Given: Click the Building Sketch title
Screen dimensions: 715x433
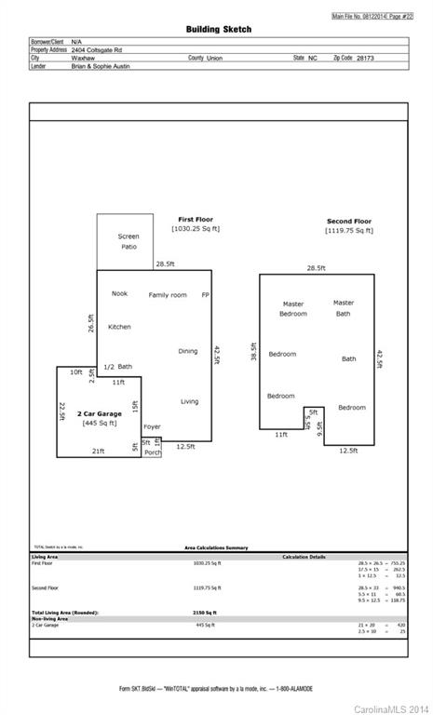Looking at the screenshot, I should point(218,30).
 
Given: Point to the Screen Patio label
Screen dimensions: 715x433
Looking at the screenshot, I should point(129,241).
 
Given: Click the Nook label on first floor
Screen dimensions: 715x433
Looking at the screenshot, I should point(119,294).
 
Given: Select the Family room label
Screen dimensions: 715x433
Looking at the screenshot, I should point(168,295).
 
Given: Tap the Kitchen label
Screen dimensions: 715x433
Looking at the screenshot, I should point(119,327).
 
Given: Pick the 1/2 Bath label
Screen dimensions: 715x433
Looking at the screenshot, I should point(117,367).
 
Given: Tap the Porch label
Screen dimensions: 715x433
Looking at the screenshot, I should point(152,452).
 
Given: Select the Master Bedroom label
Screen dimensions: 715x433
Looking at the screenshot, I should point(293,308).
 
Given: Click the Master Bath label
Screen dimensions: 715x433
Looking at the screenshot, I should point(344,308).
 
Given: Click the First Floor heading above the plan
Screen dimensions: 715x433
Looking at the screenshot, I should point(196,220).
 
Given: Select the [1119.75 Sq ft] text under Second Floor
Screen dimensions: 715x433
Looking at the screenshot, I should point(349,230).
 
